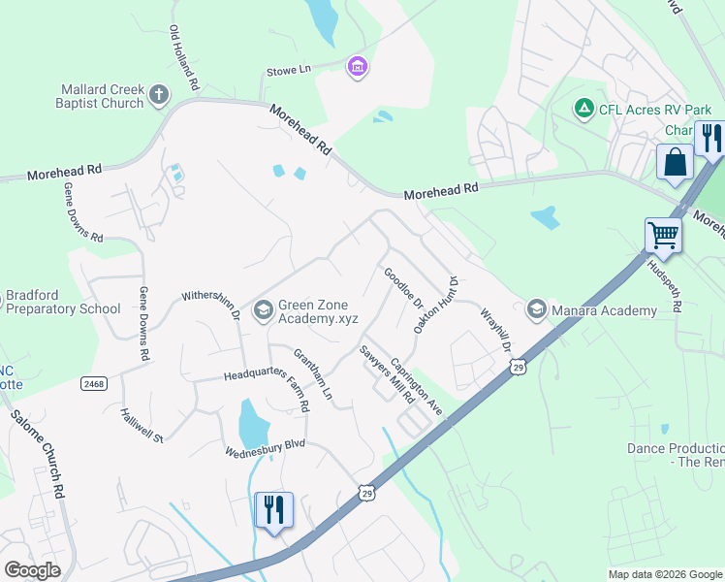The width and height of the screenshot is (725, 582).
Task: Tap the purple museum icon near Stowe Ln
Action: click(358, 66)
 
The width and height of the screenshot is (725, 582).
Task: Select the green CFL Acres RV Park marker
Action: click(584, 109)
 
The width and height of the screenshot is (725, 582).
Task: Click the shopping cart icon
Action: click(663, 234)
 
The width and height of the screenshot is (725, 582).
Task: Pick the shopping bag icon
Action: click(675, 162)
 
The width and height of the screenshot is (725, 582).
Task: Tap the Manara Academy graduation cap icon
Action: click(536, 309)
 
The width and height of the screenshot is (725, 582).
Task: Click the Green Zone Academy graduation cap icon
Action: click(262, 309)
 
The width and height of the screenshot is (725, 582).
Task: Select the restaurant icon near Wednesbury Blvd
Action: click(273, 509)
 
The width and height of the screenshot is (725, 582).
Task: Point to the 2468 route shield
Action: click(93, 384)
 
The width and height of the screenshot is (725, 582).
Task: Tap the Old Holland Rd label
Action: click(183, 58)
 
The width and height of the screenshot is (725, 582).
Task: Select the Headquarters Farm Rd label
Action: click(267, 378)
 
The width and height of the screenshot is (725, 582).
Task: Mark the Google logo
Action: click(33, 570)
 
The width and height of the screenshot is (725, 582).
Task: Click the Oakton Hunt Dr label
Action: click(435, 305)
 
